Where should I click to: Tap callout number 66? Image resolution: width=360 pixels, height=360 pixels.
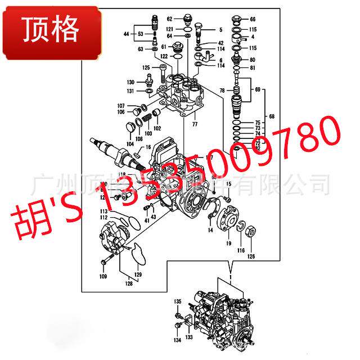click(x=253, y=19)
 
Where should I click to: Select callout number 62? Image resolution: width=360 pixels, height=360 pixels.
click(x=169, y=19)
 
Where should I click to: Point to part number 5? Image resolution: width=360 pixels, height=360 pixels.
click(x=220, y=29)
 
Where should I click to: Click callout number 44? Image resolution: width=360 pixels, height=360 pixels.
click(x=127, y=34)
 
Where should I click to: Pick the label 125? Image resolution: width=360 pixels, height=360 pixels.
click(x=146, y=67)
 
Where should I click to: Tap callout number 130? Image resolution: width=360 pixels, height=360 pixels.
click(x=130, y=82)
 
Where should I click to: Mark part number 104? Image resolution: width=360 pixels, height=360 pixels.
click(x=130, y=144)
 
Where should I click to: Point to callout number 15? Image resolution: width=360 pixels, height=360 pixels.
click(x=229, y=184)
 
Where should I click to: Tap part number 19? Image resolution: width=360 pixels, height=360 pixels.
click(x=229, y=244)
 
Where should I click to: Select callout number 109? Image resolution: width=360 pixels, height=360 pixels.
click(x=103, y=276)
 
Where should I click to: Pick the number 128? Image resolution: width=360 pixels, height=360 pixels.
click(x=128, y=284)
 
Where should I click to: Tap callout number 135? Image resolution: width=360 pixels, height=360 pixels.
click(x=177, y=303)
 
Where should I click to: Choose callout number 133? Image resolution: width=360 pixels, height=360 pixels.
click(x=189, y=337)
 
